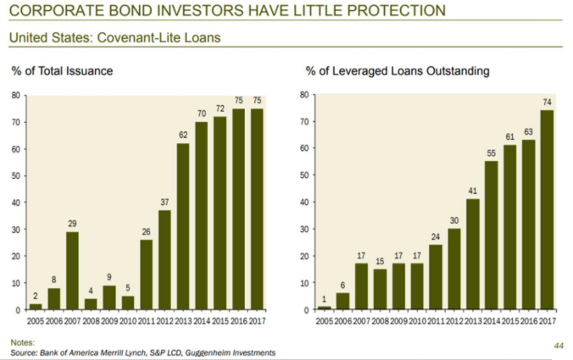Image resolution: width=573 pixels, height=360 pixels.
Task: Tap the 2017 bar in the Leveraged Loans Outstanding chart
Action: tap(547, 210)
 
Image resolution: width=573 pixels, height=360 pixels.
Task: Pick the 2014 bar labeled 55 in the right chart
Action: tap(492, 235)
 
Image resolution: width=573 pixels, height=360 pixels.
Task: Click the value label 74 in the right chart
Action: tap(547, 103)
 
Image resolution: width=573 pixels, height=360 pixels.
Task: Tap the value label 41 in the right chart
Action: tap(473, 192)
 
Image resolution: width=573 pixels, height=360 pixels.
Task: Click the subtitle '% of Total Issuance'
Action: tap(61, 71)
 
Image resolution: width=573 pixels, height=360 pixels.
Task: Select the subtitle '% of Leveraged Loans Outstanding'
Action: tap(397, 71)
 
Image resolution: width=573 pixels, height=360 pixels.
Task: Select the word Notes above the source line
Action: tap(22, 342)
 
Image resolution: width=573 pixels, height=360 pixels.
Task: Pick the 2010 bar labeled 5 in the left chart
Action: tap(128, 303)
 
